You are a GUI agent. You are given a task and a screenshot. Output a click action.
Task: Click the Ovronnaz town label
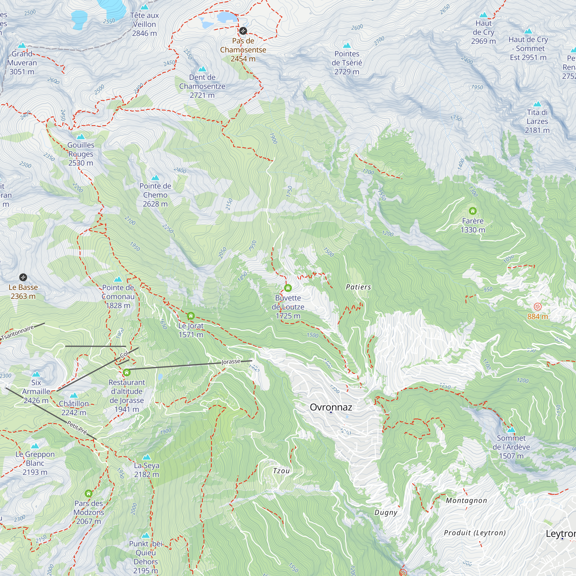click(x=331, y=407)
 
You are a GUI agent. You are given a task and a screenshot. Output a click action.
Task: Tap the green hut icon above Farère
click(x=473, y=211)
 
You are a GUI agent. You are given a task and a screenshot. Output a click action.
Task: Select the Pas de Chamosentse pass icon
click(x=243, y=31)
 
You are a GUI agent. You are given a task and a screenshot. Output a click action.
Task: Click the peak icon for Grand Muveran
click(x=22, y=46)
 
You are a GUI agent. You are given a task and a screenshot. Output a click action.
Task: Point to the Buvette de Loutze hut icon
click(x=288, y=288)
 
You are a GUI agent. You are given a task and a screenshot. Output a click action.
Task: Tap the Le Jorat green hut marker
click(x=191, y=316)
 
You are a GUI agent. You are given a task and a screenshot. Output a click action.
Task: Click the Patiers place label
click(x=358, y=287)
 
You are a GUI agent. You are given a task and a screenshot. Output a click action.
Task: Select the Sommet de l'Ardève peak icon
click(x=511, y=430)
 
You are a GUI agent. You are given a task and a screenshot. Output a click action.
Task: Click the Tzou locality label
click(x=281, y=471)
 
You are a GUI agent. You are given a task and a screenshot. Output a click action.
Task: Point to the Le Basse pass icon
click(x=23, y=277)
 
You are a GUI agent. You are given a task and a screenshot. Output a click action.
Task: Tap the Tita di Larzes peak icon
click(x=537, y=104)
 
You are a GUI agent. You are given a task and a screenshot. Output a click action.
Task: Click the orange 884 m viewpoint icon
click(x=537, y=306)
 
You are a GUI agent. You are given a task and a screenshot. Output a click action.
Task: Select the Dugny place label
click(x=386, y=513)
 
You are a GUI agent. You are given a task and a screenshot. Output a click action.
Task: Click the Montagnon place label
click(x=466, y=501)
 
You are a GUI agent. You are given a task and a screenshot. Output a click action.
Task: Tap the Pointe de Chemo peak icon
click(x=155, y=178)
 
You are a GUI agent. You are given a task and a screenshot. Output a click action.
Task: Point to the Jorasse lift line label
click(x=231, y=362)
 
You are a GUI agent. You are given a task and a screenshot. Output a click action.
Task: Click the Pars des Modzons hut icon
click(x=88, y=493)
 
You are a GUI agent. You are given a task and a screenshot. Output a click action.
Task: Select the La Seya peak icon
click(x=146, y=457)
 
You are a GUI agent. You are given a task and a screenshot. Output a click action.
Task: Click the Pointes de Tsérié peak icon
click(x=347, y=46)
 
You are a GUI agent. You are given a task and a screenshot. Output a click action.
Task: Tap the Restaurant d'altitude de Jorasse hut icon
click(x=127, y=372)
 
